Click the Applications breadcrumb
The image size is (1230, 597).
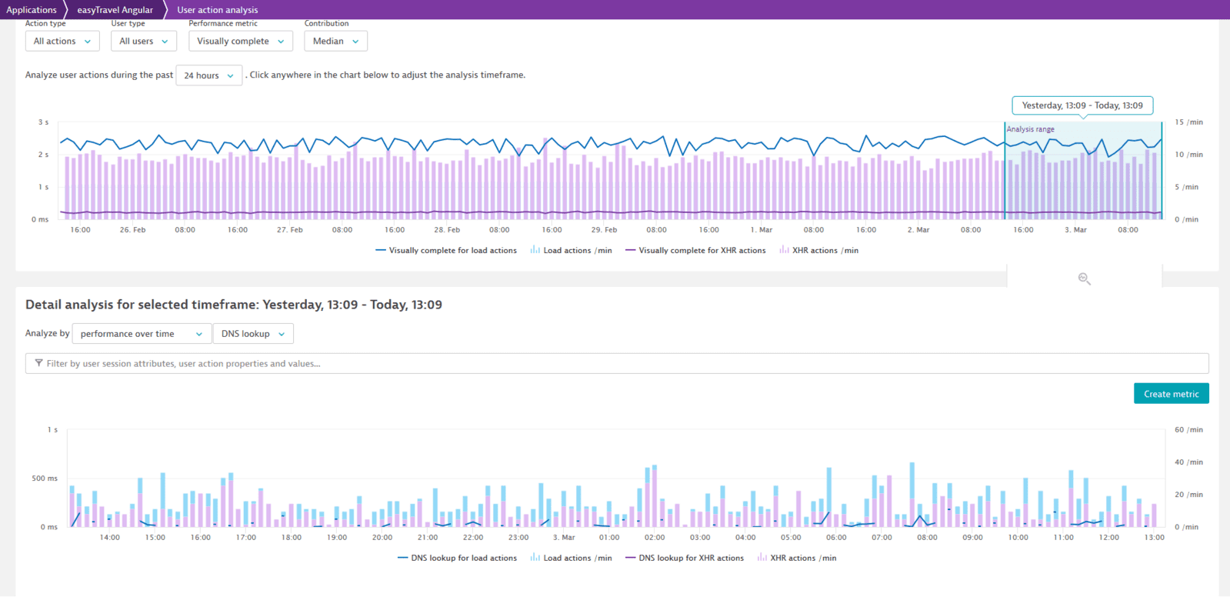click(x=32, y=10)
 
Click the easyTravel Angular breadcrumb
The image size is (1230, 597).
click(x=115, y=10)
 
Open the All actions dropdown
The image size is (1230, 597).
click(x=62, y=42)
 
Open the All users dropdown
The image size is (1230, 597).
click(x=143, y=42)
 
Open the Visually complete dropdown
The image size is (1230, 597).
click(x=240, y=42)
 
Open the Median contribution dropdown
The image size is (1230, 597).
click(x=335, y=42)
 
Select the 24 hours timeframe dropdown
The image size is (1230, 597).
click(x=208, y=75)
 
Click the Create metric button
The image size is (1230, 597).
click(x=1171, y=394)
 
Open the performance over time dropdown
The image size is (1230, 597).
click(x=141, y=334)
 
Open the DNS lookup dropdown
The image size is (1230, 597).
click(x=252, y=334)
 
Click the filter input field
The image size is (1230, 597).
click(x=615, y=364)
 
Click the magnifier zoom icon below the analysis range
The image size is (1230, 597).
click(x=1084, y=278)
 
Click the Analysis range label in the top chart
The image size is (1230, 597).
click(x=1030, y=129)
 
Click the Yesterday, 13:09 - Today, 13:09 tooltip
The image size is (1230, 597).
click(x=1082, y=105)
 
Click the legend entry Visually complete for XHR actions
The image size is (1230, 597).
click(x=701, y=251)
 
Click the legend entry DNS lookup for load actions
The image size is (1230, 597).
click(x=463, y=559)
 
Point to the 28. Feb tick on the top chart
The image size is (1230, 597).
click(x=447, y=230)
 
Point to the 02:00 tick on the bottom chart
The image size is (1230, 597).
click(x=655, y=538)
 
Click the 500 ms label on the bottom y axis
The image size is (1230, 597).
click(x=45, y=479)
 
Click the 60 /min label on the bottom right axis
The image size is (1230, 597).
click(x=1188, y=430)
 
